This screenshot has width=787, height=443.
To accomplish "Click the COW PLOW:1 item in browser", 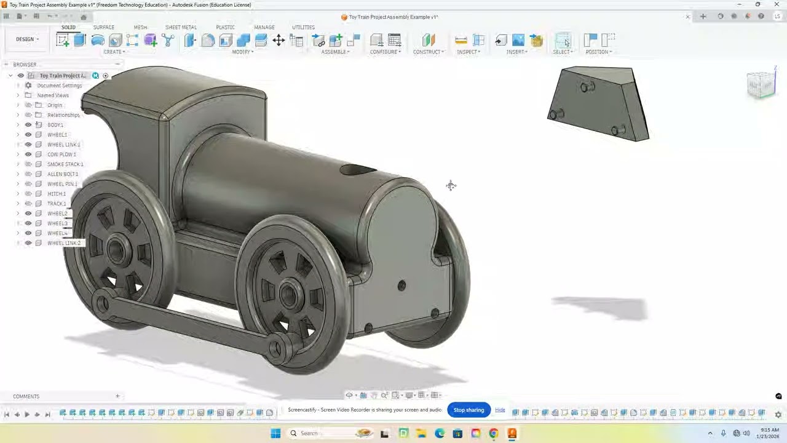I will tap(61, 154).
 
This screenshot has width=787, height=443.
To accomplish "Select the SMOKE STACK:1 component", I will tap(65, 164).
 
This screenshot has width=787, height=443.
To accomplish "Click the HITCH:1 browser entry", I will tap(56, 194).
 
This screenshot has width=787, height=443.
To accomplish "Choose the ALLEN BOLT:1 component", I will tap(62, 174).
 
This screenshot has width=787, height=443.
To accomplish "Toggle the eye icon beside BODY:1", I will tap(28, 125).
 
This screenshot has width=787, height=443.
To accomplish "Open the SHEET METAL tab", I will tap(181, 27).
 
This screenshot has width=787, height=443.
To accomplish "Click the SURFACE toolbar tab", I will tap(103, 27).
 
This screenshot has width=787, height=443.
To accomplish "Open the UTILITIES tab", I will tap(303, 27).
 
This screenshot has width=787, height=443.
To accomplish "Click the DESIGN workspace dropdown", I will tap(27, 39).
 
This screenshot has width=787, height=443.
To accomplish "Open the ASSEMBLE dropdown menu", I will tap(335, 52).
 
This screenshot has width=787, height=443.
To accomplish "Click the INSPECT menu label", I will tap(468, 52).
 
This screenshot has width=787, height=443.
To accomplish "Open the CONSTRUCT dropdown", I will tap(428, 52).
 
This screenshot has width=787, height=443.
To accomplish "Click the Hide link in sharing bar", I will tap(500, 410).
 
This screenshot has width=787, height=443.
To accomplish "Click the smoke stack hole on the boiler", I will tap(357, 169).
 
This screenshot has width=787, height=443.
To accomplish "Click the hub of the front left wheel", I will tap(289, 293).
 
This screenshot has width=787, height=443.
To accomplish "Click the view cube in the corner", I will tap(761, 84).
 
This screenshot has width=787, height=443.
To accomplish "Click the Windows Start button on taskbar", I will tap(275, 433).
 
